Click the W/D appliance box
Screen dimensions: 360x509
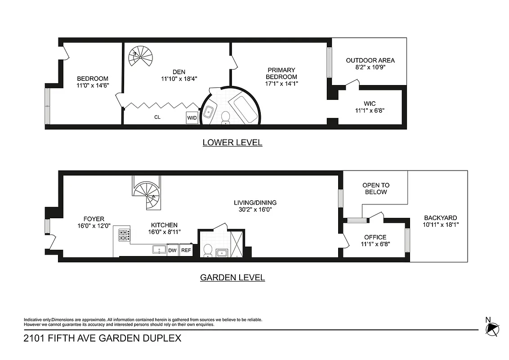192,118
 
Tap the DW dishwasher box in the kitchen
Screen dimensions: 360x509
172,251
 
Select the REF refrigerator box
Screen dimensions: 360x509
185,251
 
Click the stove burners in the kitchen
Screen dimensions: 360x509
124,235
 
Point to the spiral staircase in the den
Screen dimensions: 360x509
140,56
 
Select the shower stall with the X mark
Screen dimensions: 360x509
236,243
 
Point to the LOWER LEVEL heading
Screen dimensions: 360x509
232,143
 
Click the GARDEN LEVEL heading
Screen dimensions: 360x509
232,278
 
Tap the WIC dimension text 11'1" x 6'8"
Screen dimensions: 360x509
370,110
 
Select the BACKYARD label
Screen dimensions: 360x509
440,218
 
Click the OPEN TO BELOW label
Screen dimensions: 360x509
375,189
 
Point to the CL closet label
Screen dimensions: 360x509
157,117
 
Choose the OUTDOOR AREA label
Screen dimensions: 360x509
370,60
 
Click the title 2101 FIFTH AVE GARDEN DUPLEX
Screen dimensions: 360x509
103,338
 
